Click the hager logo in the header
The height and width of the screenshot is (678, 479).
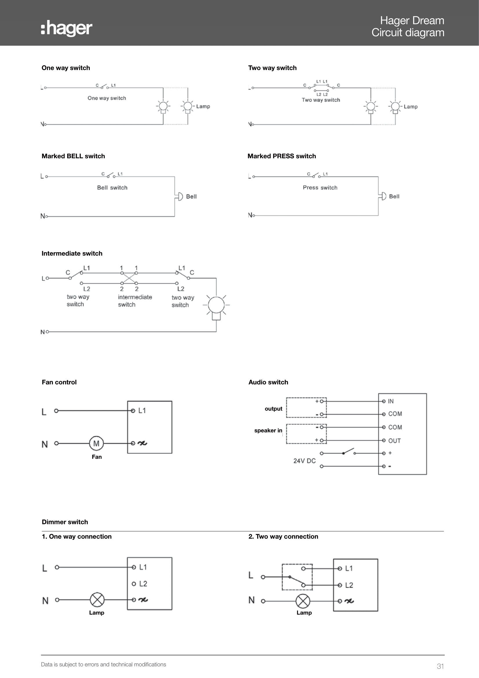(67, 28)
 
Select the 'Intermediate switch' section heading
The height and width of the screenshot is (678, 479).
(72, 253)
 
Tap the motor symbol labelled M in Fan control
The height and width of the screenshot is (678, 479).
(96, 443)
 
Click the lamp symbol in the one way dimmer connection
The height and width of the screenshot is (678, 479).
(97, 600)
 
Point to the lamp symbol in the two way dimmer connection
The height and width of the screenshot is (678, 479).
(303, 601)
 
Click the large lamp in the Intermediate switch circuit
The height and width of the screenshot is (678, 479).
(216, 307)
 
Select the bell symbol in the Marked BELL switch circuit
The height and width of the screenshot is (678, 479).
(179, 196)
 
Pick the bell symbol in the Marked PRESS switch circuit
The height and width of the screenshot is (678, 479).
(382, 196)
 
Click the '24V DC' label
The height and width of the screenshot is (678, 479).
(304, 461)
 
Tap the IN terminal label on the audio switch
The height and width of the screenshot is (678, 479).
(390, 401)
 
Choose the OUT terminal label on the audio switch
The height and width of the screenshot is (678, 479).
(394, 441)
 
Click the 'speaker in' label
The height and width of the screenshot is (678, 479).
(268, 430)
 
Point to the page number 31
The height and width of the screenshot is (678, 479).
(440, 666)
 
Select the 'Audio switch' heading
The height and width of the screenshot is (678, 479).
(268, 382)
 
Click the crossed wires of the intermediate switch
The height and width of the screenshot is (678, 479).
(129, 278)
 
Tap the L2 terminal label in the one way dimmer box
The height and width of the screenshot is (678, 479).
(143, 584)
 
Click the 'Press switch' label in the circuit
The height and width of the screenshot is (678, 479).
(320, 188)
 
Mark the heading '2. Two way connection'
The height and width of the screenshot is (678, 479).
(283, 537)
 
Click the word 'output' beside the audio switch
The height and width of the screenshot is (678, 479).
(273, 409)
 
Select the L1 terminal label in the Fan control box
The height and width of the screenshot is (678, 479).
(142, 410)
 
